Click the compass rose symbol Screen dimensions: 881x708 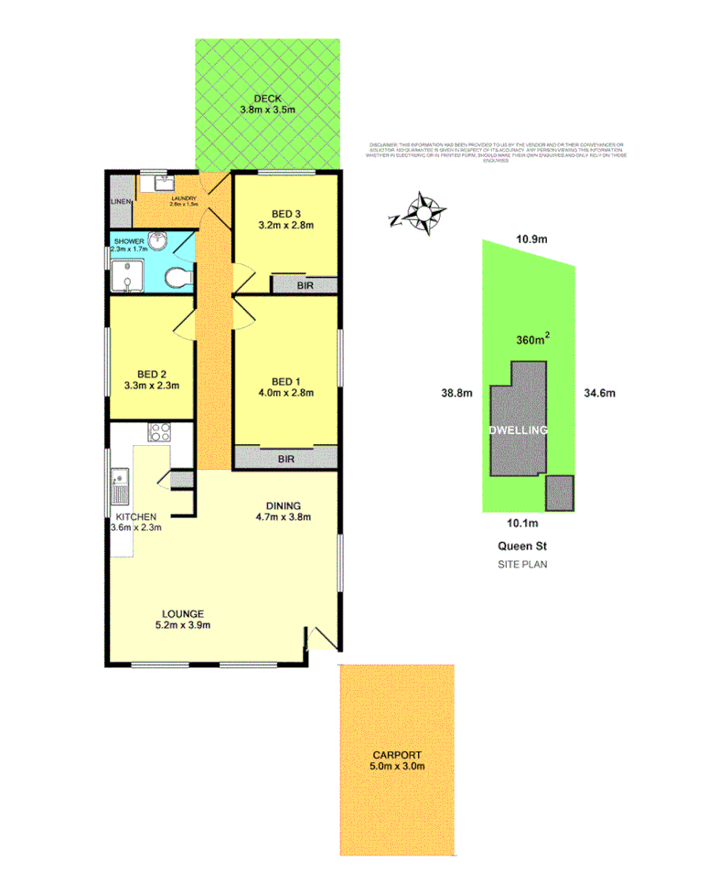424,215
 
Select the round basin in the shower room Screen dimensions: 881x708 158,242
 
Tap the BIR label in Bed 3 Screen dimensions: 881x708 304,285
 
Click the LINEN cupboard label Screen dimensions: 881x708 121,202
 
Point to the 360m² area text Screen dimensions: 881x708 533,340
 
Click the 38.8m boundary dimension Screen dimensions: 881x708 455,394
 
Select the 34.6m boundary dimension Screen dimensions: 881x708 599,394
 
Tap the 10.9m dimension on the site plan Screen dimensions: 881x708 531,239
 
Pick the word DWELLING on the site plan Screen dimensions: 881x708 518,430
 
